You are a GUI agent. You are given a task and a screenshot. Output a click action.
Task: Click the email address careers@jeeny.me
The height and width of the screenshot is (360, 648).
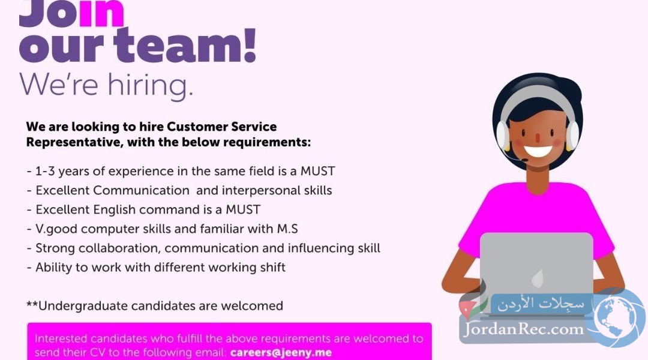tap(281, 353)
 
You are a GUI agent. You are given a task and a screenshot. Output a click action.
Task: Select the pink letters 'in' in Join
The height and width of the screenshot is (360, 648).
tap(101, 14)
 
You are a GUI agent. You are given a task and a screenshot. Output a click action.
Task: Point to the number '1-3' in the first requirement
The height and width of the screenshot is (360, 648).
tap(45, 171)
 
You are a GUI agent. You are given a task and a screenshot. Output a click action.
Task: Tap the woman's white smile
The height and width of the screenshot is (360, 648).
tap(538, 151)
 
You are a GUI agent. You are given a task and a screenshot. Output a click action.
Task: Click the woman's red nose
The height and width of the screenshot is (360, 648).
tap(537, 137)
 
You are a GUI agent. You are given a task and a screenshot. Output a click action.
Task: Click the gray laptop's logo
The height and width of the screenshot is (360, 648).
tap(537, 278)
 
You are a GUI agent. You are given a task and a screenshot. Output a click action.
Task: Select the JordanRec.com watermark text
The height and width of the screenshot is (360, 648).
tap(524, 329)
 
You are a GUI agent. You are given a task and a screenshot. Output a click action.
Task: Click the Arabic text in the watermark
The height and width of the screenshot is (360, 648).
tap(541, 304)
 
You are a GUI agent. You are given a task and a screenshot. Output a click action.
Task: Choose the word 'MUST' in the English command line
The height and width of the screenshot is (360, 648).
tap(243, 209)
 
